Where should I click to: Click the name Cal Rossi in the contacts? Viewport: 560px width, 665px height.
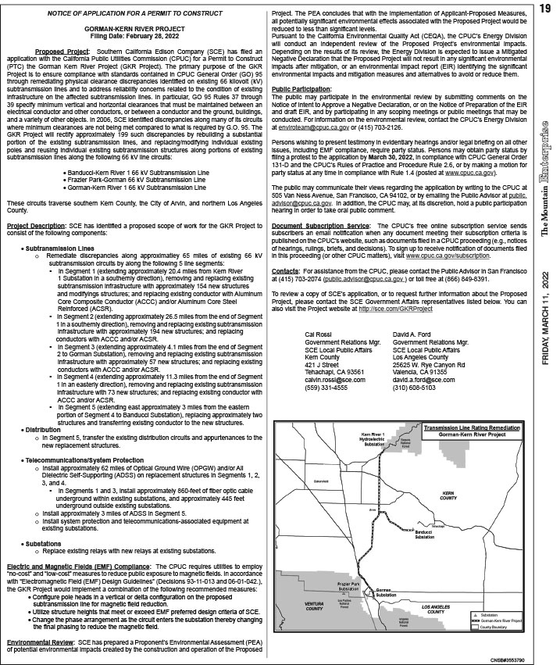point(316,333)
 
